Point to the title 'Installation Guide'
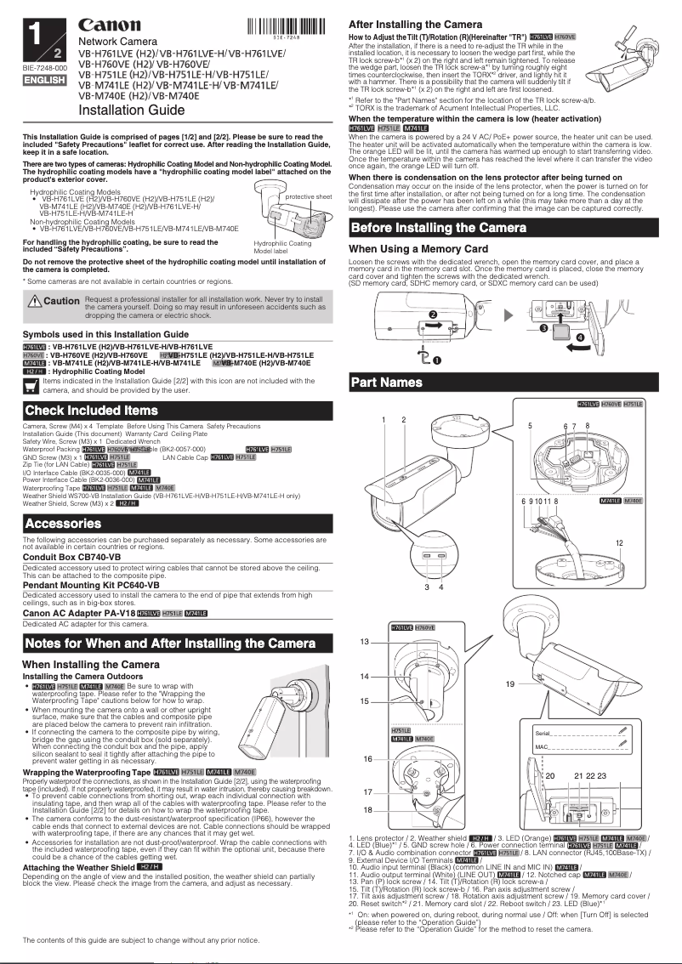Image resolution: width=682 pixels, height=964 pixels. click(131, 111)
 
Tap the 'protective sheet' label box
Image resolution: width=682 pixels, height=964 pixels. click(308, 196)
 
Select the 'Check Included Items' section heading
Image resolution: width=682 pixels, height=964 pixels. click(92, 411)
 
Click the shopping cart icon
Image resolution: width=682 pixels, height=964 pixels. click(31, 385)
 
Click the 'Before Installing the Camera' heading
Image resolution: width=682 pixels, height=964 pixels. click(438, 228)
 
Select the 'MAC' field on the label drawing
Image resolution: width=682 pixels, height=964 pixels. click(541, 746)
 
